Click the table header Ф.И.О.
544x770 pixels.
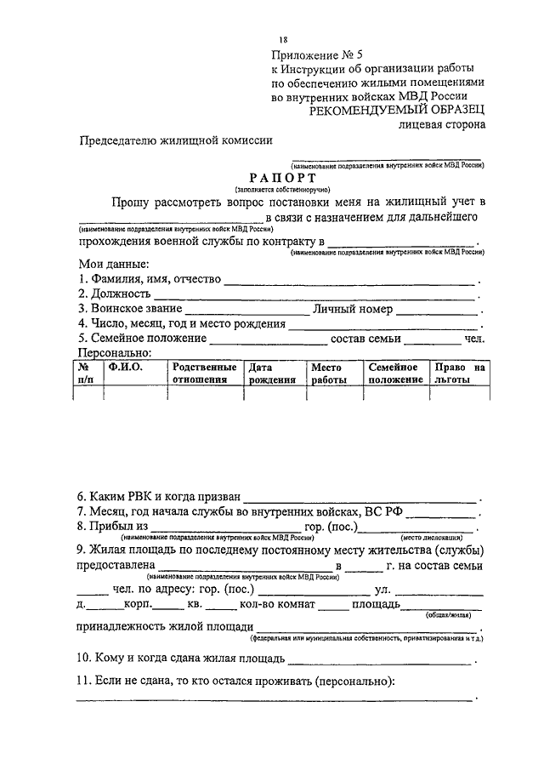[x=125, y=367]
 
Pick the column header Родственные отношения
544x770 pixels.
[x=203, y=374]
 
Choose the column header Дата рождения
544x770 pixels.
[x=271, y=374]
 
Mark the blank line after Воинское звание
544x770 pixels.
[x=246, y=312]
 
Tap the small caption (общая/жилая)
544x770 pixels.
[x=463, y=621]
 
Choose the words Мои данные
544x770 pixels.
[x=114, y=264]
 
